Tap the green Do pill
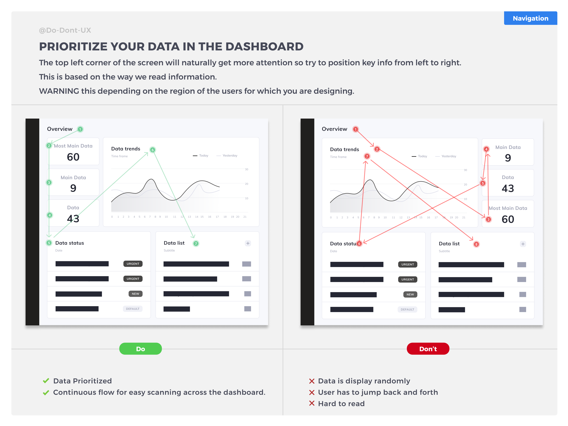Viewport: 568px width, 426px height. coord(140,349)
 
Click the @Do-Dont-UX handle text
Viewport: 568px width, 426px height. coord(65,30)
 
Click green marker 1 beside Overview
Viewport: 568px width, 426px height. coord(80,129)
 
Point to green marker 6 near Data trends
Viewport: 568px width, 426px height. coord(152,150)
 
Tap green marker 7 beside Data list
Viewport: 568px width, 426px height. coord(196,243)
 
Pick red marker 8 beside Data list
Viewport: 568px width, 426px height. coord(476,244)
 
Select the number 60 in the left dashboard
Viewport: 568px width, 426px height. coord(73,157)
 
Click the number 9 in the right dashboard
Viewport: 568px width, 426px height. coord(508,158)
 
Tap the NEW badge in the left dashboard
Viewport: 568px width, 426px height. coord(135,294)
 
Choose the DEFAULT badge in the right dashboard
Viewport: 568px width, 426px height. coord(408,309)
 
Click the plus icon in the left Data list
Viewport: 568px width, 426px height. coord(248,243)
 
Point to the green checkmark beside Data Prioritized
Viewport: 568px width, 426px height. coord(46,381)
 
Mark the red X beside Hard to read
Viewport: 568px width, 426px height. coord(312,403)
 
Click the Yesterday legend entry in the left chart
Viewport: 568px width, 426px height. coord(227,156)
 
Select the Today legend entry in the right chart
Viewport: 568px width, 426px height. coord(419,156)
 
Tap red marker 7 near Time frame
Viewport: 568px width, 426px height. coord(367,156)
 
